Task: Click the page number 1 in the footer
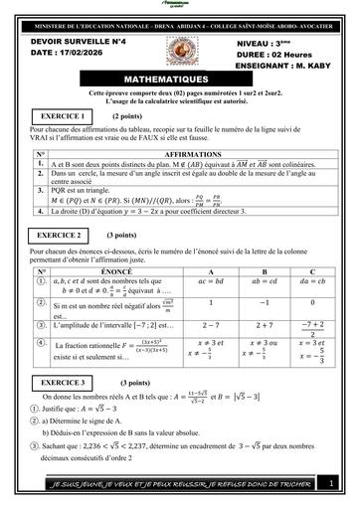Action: click(330, 483)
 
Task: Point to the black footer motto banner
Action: click(169, 483)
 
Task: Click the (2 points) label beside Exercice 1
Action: click(126, 116)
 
